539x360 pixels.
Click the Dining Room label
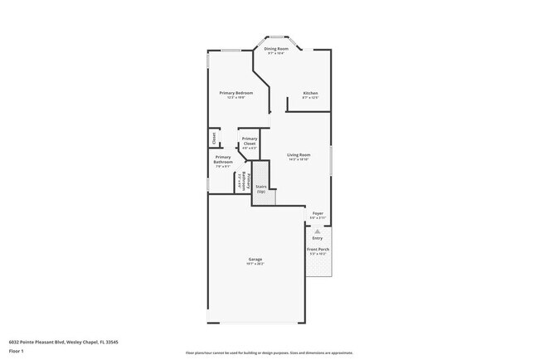[275, 49]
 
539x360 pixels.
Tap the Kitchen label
[310, 92]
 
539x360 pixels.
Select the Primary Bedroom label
[236, 92]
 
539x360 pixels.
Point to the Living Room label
[299, 154]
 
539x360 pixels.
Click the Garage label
[255, 259]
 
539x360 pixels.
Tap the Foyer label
[318, 213]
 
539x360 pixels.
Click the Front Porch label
[318, 249]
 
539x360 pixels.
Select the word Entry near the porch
[318, 238]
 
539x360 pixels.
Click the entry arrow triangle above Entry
[318, 232]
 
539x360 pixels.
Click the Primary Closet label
[249, 141]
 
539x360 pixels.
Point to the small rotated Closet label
[213, 136]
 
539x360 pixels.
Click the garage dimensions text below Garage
[255, 264]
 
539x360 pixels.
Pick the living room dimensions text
[299, 159]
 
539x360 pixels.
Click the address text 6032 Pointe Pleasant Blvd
[63, 341]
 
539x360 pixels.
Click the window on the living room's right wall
[331, 160]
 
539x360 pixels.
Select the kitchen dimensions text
[310, 97]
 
